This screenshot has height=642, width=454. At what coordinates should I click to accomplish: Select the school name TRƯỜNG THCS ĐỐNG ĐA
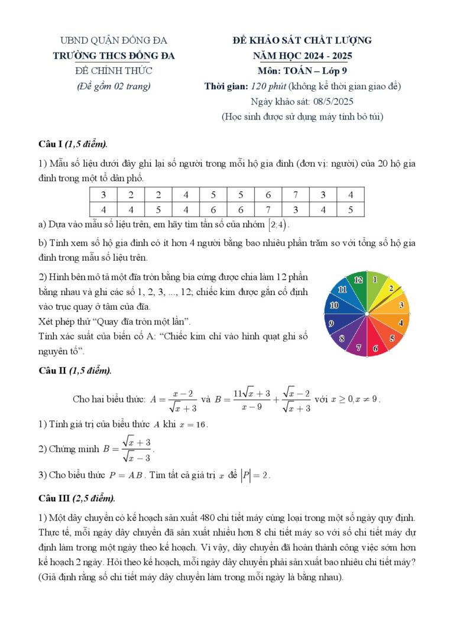coord(113,56)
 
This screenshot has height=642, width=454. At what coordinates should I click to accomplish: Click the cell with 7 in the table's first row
coord(295,194)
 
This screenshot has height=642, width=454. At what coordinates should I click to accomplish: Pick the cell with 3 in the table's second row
coord(295,209)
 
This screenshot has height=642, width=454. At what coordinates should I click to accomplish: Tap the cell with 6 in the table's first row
coord(268,194)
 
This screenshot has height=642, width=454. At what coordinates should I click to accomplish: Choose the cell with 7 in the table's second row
coord(268,209)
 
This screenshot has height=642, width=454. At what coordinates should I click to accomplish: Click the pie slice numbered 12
coord(358,281)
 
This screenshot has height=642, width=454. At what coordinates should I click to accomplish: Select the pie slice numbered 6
coord(375,348)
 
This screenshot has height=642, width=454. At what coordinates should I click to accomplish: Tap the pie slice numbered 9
coord(332,323)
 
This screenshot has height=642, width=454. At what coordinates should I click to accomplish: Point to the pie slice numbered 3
coord(400,306)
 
